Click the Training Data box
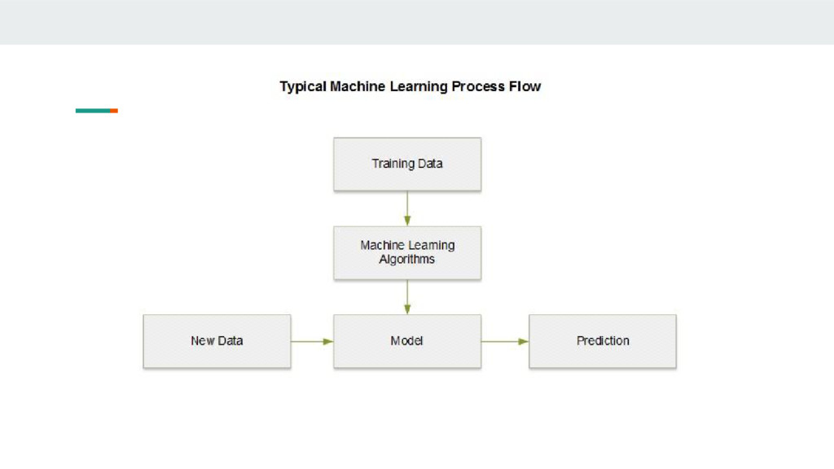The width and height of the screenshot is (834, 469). point(407,164)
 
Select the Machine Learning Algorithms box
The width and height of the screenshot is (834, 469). point(407,252)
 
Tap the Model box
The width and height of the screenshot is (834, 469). point(407,341)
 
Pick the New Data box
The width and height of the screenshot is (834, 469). point(217,341)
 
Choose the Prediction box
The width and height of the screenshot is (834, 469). point(603,341)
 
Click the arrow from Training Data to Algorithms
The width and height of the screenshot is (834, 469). point(407,208)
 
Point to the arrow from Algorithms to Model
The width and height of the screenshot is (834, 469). point(407,297)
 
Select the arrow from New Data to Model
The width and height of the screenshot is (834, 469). point(312,341)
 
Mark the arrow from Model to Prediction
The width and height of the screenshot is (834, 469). point(505,341)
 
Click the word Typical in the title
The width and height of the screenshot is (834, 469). point(303,86)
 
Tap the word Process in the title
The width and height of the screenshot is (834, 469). point(484,86)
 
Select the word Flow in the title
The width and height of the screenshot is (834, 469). point(526,86)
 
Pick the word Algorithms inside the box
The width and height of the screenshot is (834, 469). point(407,260)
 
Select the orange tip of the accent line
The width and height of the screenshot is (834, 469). point(115,111)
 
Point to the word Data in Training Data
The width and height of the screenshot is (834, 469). point(429,164)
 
